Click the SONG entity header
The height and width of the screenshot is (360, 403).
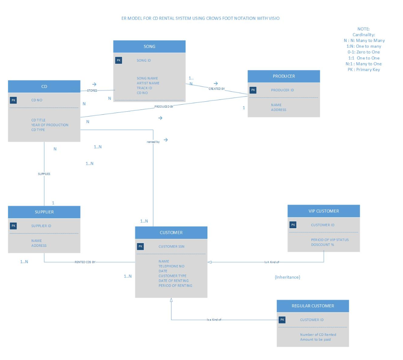click(149, 46)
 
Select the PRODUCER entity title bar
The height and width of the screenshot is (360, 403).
click(284, 76)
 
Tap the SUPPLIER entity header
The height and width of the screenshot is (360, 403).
click(44, 212)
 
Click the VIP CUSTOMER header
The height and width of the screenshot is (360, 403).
click(324, 211)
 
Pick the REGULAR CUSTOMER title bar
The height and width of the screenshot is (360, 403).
click(312, 306)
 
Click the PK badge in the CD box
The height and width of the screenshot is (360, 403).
click(13, 100)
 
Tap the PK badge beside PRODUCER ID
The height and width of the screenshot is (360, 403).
click(253, 90)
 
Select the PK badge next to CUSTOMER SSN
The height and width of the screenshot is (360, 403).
click(140, 246)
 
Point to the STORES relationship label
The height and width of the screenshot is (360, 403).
click(92, 90)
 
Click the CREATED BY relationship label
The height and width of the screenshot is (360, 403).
click(217, 89)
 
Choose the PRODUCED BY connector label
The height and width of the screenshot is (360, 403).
click(164, 106)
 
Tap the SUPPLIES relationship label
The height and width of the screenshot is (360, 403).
click(44, 174)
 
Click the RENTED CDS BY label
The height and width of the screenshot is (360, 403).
click(85, 262)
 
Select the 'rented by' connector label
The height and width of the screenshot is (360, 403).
click(153, 142)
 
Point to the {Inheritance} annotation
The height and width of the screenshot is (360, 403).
click(287, 277)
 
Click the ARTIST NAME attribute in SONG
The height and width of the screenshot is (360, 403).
click(148, 83)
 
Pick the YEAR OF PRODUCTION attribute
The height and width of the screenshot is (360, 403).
click(50, 125)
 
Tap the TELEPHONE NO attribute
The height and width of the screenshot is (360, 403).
click(171, 266)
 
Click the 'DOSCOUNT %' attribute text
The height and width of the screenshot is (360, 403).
click(322, 245)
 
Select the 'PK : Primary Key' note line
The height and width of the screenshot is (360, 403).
click(363, 69)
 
